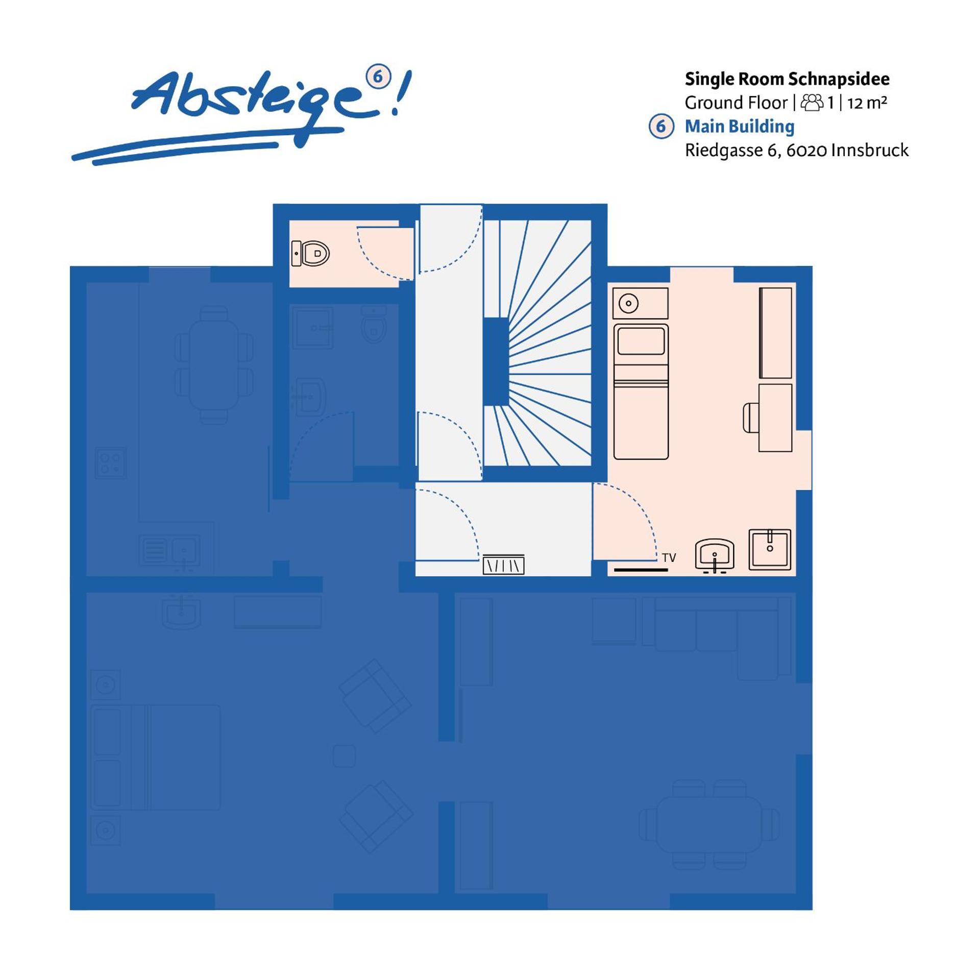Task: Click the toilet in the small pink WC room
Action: coord(311,253)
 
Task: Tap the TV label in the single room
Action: coord(669,558)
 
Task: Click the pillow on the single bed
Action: coord(641,341)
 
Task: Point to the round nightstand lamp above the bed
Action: coord(628,303)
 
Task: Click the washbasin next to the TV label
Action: coord(715,554)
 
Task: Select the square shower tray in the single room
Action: coord(770,549)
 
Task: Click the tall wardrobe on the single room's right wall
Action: coord(775,332)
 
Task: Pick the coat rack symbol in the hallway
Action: coord(503,565)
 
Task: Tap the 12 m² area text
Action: coord(867,103)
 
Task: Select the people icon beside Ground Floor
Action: coord(812,103)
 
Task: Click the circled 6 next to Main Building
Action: coord(661,126)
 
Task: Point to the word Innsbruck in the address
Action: coord(869,150)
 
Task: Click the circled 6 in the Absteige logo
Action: coord(378,77)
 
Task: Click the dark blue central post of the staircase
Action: coord(496,361)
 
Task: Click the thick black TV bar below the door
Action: coord(641,570)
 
